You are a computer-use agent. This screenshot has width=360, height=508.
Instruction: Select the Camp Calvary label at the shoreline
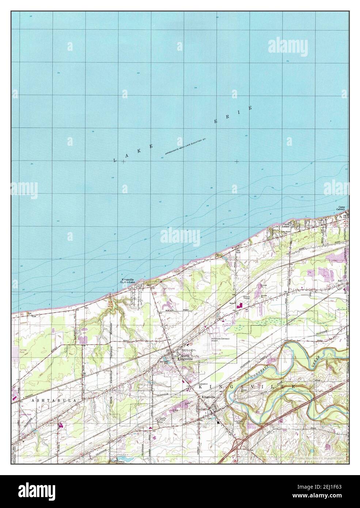(341, 208)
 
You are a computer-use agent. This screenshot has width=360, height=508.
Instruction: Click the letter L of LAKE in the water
(115, 160)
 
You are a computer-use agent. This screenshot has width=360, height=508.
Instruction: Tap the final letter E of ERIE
(250, 108)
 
